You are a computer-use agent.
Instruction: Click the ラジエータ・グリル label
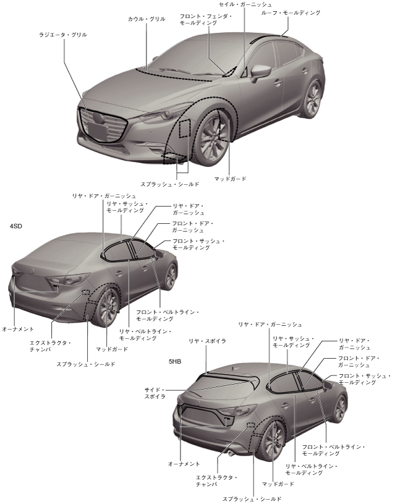tap(62, 35)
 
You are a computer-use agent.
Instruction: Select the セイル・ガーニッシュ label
tap(245, 5)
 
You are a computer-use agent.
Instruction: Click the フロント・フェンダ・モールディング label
tap(206, 19)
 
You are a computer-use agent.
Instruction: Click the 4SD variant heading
tap(16, 227)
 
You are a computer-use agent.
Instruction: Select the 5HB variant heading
tap(176, 360)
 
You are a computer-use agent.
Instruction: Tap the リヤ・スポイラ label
tap(207, 341)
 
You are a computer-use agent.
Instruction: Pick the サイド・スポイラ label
tap(155, 393)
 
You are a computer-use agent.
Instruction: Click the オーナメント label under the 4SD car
tap(18, 329)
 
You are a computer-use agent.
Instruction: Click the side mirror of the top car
tap(260, 71)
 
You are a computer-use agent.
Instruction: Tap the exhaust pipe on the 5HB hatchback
tap(231, 453)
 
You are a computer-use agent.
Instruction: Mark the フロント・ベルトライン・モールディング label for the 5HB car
tap(333, 450)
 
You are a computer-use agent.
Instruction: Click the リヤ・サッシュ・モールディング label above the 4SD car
tap(127, 207)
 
